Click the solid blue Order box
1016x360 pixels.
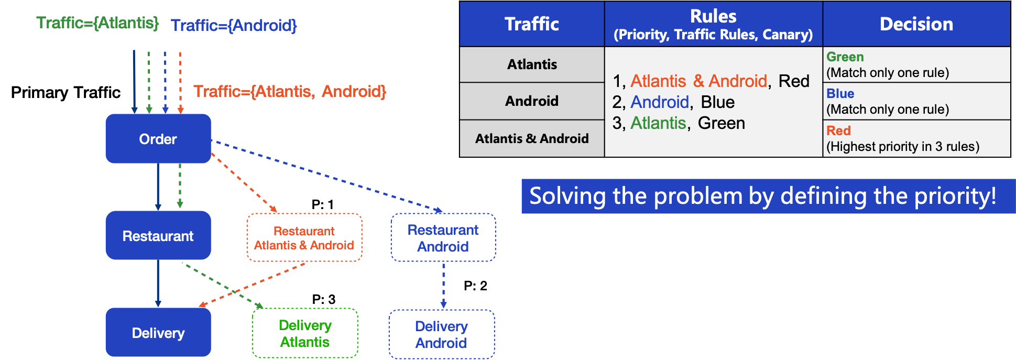[158, 139]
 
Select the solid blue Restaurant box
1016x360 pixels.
[158, 236]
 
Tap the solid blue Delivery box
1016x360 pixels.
[158, 332]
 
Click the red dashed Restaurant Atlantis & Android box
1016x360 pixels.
[304, 237]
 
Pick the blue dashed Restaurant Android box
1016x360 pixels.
[443, 237]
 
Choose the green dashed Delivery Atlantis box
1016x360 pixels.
[305, 333]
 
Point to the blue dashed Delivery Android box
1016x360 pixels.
[442, 334]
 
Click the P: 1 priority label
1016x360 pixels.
[323, 204]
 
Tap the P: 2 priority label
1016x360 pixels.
[475, 286]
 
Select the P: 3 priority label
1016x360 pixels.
[324, 299]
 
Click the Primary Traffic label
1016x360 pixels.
[65, 93]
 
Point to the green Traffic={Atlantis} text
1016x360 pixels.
[97, 23]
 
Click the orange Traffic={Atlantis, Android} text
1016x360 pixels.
[290, 92]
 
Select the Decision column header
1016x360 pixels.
[916, 24]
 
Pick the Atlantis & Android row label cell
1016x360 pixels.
[532, 138]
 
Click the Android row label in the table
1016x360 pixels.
[532, 101]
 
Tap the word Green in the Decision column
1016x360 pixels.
[845, 57]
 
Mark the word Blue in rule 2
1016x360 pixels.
[718, 102]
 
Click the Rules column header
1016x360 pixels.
[713, 24]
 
